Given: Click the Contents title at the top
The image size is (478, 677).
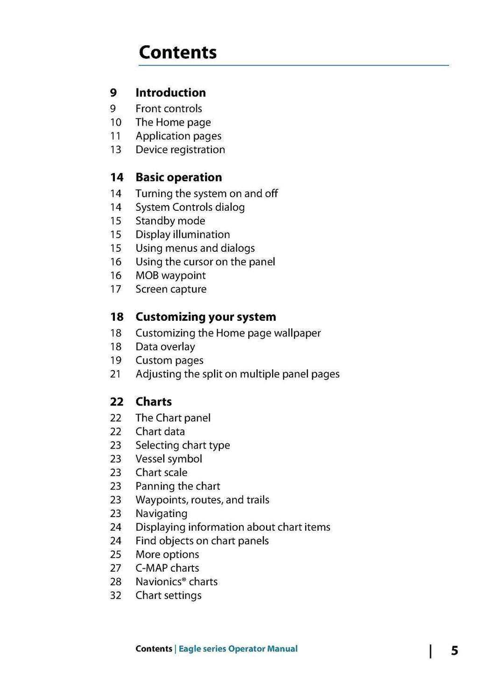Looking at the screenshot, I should click(x=177, y=52).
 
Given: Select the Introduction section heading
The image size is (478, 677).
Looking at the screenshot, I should click(x=170, y=92).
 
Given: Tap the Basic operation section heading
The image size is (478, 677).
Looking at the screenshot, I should click(x=178, y=177).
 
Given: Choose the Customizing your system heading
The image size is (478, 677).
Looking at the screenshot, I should click(x=205, y=317).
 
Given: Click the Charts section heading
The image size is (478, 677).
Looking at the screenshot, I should click(x=154, y=401).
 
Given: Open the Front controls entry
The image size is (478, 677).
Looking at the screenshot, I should click(x=169, y=109).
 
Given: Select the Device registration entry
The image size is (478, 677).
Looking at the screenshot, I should click(x=180, y=150).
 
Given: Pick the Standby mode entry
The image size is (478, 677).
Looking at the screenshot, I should click(x=170, y=221).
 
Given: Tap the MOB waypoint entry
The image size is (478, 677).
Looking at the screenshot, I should click(x=170, y=276).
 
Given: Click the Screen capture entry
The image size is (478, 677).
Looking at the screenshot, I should click(x=171, y=289).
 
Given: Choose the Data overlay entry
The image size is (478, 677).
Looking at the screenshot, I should click(x=165, y=346).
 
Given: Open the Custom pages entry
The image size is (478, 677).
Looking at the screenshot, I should click(x=169, y=360).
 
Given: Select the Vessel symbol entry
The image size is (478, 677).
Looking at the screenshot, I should click(x=169, y=459).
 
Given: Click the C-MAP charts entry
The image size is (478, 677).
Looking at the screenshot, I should click(x=167, y=568).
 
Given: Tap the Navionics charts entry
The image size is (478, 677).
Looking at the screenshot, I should click(x=176, y=581).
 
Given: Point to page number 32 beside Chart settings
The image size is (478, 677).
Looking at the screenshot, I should click(x=116, y=595).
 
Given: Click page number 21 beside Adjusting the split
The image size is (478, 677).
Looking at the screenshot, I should click(x=116, y=374).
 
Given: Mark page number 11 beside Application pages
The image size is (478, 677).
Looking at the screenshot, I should click(x=116, y=136).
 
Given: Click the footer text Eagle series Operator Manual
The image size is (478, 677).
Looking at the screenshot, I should click(x=238, y=649).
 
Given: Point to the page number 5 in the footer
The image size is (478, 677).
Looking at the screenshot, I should click(x=454, y=650).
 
